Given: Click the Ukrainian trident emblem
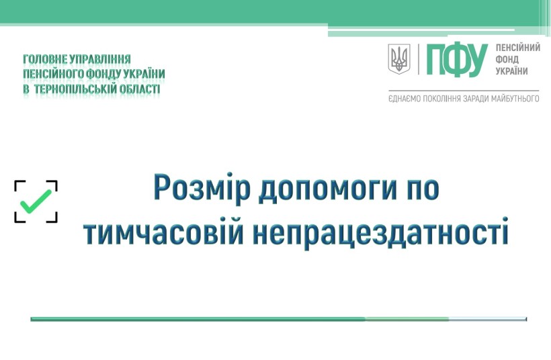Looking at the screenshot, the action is pyautogui.click(x=399, y=58).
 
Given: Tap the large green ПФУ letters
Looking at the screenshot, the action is pyautogui.click(x=457, y=60).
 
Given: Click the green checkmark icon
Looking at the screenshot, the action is pyautogui.click(x=36, y=201).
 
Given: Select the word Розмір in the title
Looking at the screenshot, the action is pyautogui.click(x=202, y=188).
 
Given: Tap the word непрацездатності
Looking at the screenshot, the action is pyautogui.click(x=380, y=233).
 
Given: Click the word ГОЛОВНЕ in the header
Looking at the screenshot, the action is pyautogui.click(x=45, y=59).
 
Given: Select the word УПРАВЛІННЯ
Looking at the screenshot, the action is pyautogui.click(x=100, y=59).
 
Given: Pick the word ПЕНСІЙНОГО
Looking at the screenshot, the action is pyautogui.click(x=53, y=74).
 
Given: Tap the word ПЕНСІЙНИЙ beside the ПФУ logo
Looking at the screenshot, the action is pyautogui.click(x=517, y=48).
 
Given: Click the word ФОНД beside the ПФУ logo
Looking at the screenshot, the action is pyautogui.click(x=507, y=59).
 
